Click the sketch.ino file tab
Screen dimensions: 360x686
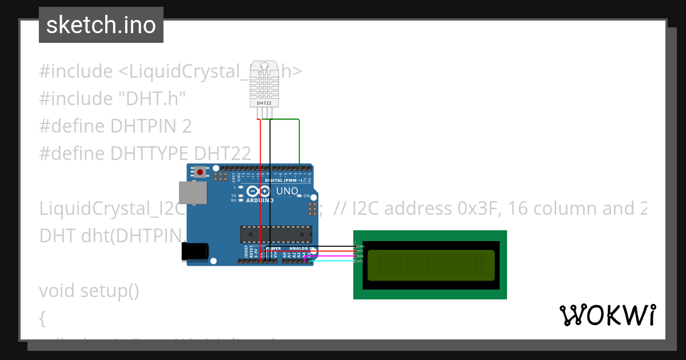tap(101, 25)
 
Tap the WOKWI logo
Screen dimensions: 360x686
tap(607, 315)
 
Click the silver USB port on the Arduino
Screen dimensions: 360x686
tap(193, 193)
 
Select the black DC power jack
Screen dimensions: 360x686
tap(195, 251)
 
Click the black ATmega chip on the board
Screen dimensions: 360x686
tap(276, 234)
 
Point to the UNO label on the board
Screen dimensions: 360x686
tap(287, 191)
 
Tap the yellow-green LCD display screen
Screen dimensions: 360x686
tap(430, 265)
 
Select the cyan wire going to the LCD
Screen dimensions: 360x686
tap(332, 261)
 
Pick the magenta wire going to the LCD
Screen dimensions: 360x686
tap(332, 257)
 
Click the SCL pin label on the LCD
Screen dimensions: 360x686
tap(361, 261)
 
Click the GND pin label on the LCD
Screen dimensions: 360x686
tap(361, 246)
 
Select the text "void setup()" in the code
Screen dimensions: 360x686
tap(89, 290)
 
